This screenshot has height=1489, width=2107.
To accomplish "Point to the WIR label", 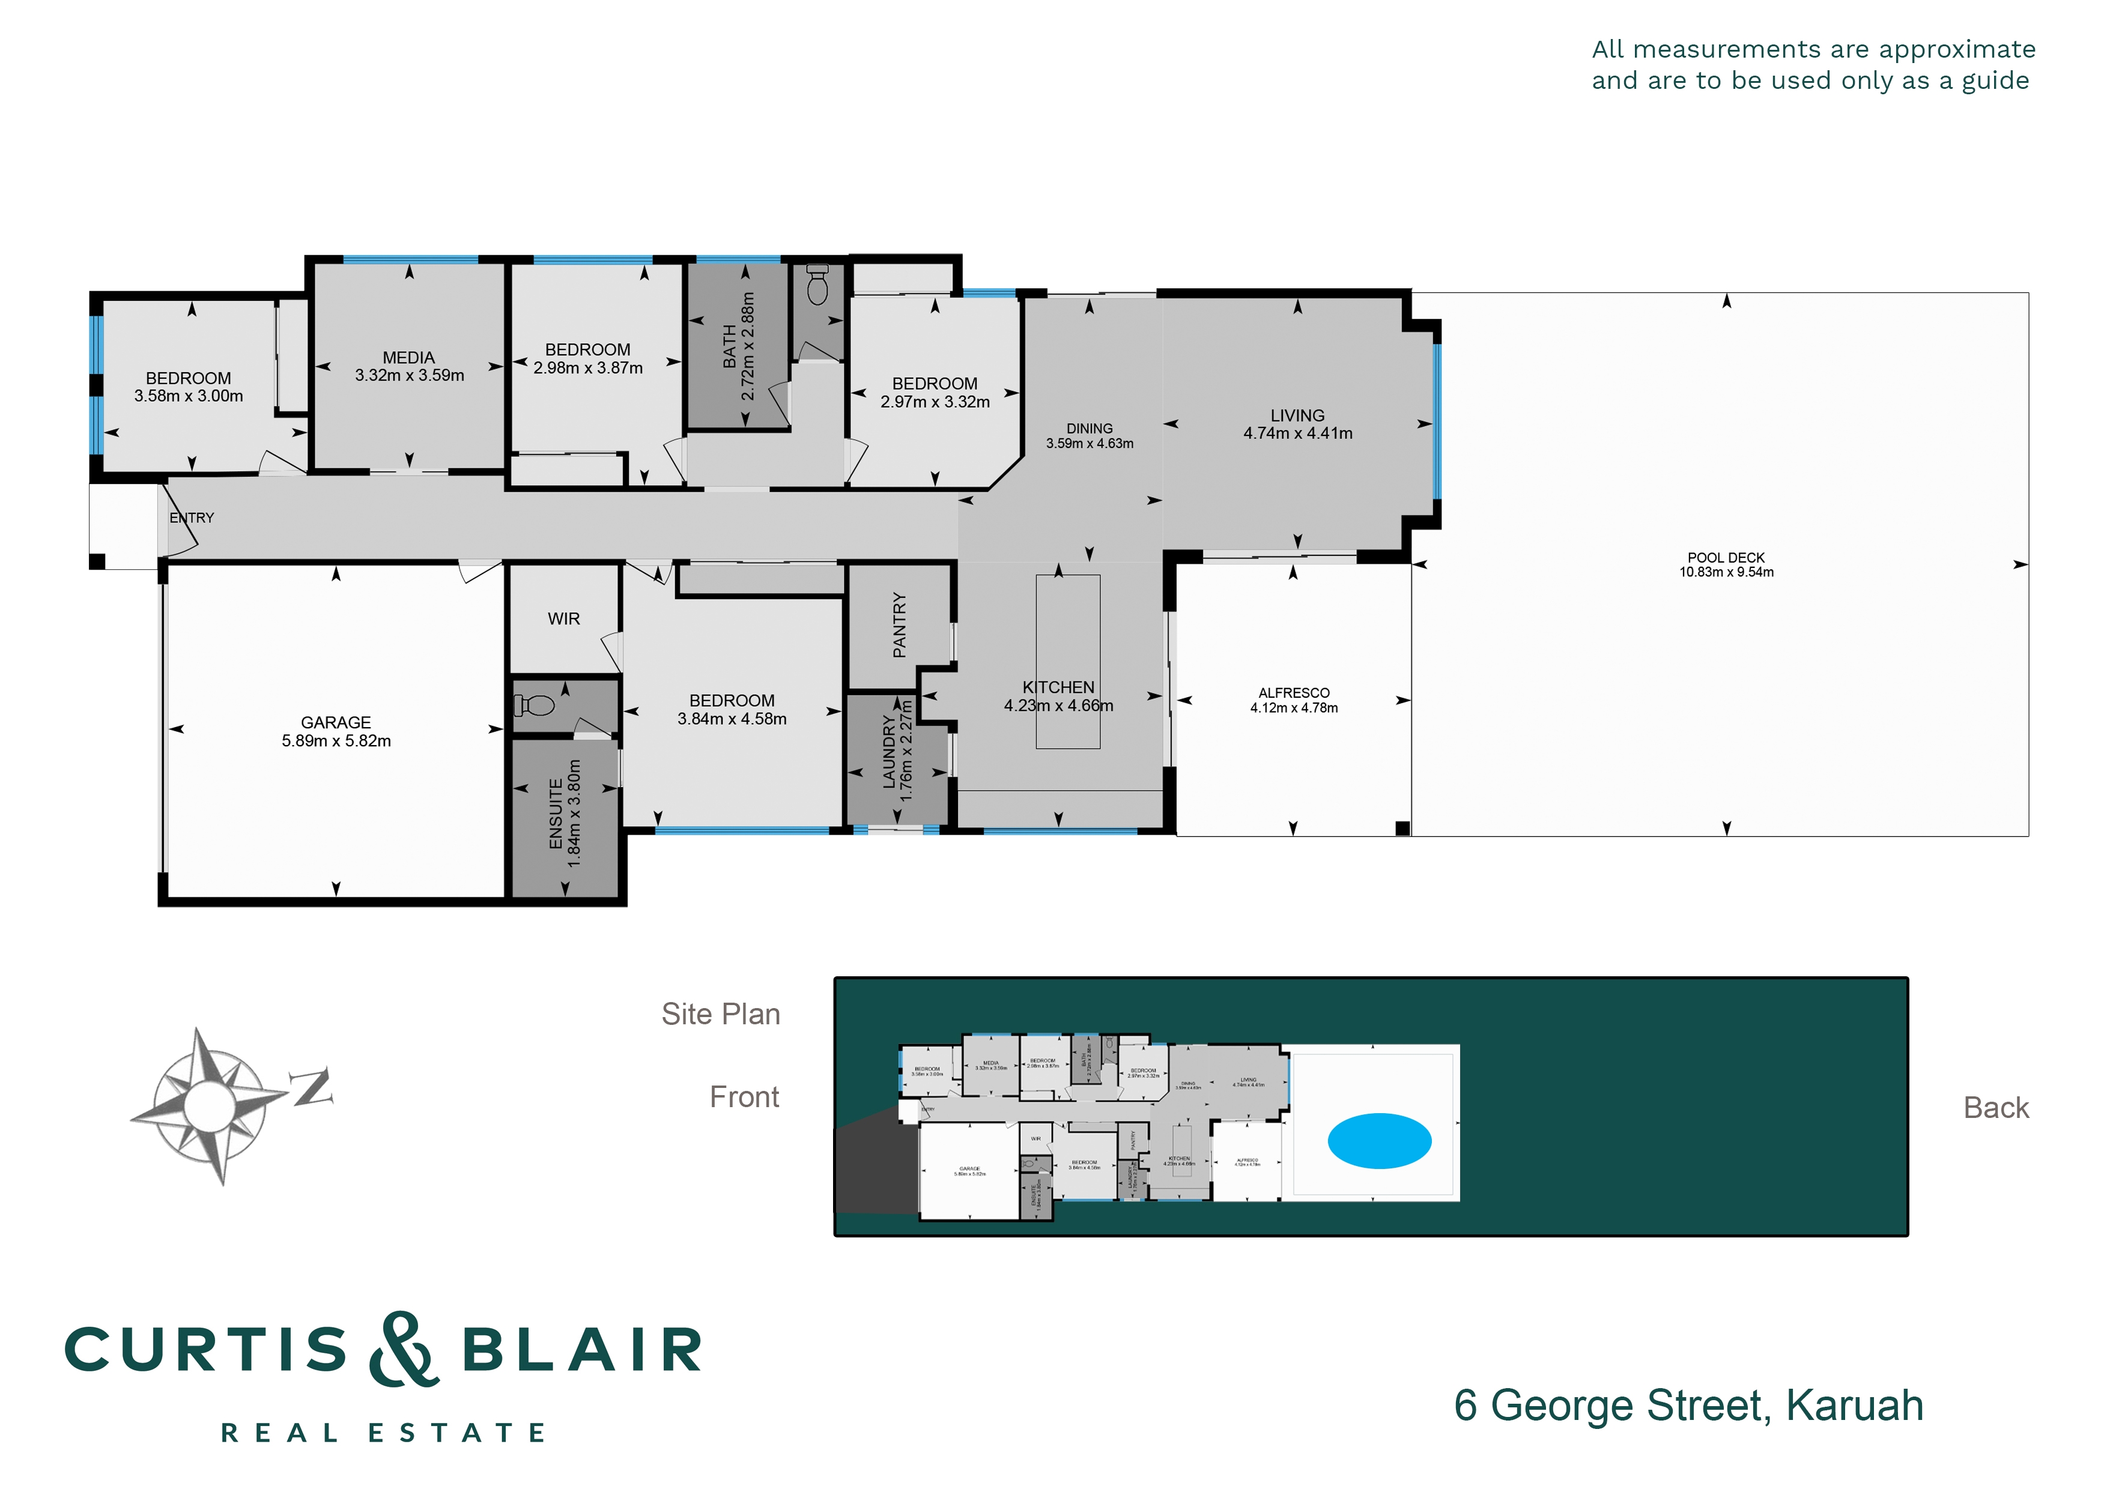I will pyautogui.click(x=563, y=619).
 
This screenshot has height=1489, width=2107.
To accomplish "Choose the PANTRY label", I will pyautogui.click(x=899, y=625).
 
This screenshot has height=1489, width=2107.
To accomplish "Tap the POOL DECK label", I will pyautogui.click(x=1725, y=558).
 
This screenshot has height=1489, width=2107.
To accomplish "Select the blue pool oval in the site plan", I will pyautogui.click(x=1378, y=1140).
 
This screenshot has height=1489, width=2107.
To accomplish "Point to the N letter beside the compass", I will pyautogui.click(x=312, y=1087).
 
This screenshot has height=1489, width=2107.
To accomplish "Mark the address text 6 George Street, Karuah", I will pyautogui.click(x=1688, y=1406).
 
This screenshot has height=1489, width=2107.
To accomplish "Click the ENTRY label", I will pyautogui.click(x=192, y=518).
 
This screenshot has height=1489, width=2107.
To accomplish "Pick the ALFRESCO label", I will pyautogui.click(x=1293, y=693).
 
